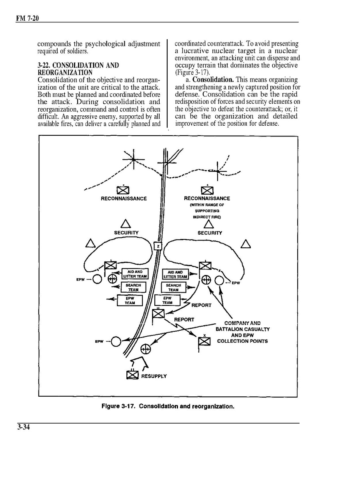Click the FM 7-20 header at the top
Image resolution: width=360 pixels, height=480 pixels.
(x=28, y=18)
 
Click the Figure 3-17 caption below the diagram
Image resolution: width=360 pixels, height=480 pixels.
(x=168, y=406)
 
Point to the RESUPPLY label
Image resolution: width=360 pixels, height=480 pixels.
(x=154, y=376)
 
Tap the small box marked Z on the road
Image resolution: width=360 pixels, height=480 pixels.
(x=158, y=246)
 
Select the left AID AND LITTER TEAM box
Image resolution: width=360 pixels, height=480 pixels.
(x=135, y=274)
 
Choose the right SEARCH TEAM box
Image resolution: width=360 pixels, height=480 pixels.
(x=173, y=287)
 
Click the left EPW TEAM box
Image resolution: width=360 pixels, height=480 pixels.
(x=130, y=301)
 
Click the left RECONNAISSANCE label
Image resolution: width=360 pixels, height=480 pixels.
(x=124, y=199)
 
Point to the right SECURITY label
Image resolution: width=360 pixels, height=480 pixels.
(x=210, y=233)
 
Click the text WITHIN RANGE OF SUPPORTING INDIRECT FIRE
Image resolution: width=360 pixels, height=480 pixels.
(x=207, y=211)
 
